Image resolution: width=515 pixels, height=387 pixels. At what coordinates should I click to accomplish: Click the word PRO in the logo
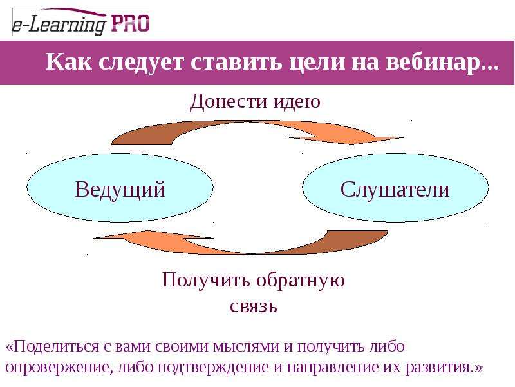tap(131, 23)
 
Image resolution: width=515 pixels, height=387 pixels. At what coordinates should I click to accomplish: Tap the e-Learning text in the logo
tap(59, 25)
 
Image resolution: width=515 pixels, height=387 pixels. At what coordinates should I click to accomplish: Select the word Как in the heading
tap(69, 61)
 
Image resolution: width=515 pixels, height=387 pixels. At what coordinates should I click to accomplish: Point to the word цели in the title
tap(317, 62)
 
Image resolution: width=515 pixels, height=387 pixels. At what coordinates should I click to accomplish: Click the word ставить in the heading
tap(236, 61)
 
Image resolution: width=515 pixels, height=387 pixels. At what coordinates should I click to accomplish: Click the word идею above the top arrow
tap(292, 101)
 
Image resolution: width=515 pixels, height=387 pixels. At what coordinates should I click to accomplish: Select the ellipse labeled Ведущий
tap(120, 188)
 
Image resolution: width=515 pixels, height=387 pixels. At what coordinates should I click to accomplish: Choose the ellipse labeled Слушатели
tap(395, 188)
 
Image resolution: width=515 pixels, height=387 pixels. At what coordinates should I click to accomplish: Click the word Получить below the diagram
tap(205, 281)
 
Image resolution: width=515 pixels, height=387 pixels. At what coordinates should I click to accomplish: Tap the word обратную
tap(301, 281)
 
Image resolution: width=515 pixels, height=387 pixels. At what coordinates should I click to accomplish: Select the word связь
tap(254, 306)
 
